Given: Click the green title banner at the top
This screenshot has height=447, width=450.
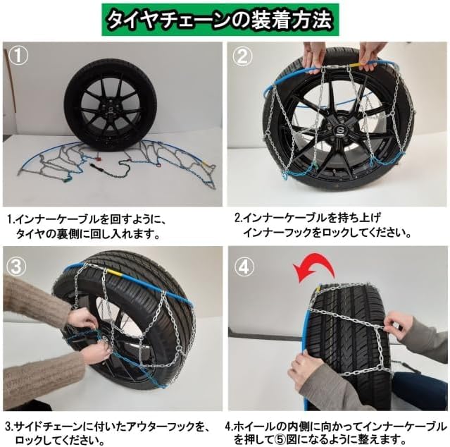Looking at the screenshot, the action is [x=220, y=20].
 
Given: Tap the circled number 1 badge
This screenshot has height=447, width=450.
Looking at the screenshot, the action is [x=18, y=56].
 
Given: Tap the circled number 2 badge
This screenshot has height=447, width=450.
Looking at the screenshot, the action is [x=242, y=56].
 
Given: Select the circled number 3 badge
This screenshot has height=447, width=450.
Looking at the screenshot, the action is [x=15, y=266].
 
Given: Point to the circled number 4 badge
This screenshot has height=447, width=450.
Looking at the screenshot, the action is [x=244, y=267].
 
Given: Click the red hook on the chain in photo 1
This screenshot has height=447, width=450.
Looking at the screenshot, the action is [x=99, y=158].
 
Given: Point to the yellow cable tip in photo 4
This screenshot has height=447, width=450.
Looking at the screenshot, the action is [x=318, y=288].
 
